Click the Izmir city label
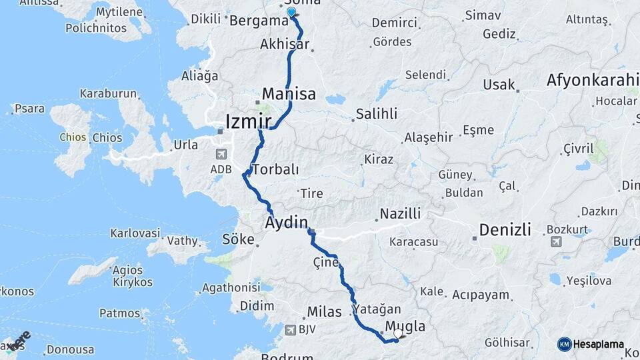click(x=249, y=121)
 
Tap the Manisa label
click(x=289, y=94)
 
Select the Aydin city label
click(x=287, y=222)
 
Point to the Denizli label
click(x=505, y=230)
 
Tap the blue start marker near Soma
click(x=291, y=11)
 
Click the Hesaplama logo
click(x=591, y=344)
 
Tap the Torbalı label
click(x=275, y=169)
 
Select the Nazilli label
click(x=400, y=214)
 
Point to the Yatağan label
click(x=377, y=309)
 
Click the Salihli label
click(x=376, y=113)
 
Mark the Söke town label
click(x=239, y=239)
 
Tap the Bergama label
click(x=258, y=21)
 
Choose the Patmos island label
click(x=120, y=313)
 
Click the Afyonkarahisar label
click(x=592, y=81)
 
